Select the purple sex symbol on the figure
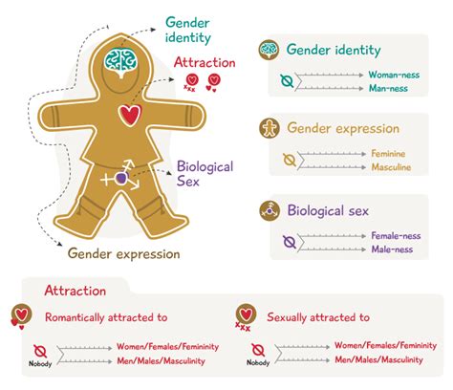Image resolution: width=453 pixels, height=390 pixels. point(121,178)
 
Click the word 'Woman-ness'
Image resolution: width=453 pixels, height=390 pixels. point(396,74)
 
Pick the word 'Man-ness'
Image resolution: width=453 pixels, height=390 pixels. point(391,88)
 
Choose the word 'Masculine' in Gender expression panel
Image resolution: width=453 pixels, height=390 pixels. point(393,166)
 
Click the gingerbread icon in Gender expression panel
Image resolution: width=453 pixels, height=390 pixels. point(270,128)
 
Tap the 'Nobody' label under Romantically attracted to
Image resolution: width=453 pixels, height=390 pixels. point(40,363)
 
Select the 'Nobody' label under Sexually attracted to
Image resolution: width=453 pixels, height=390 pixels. point(257,363)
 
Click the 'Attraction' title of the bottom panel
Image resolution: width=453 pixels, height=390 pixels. point(75,290)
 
